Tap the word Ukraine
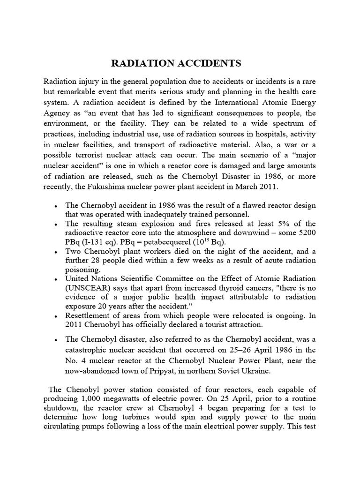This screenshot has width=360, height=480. pyautogui.click(x=257, y=371)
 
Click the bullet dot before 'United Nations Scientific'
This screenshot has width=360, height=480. pyautogui.click(x=56, y=279)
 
